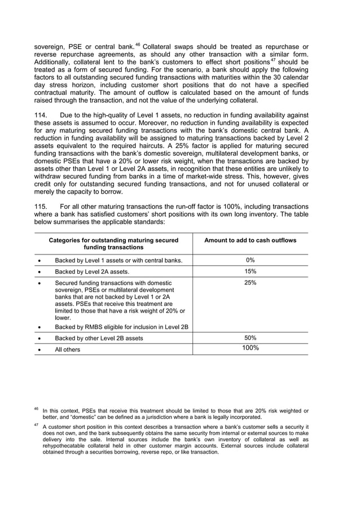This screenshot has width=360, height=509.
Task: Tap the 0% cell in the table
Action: point(250,260)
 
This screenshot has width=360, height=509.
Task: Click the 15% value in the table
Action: point(250,271)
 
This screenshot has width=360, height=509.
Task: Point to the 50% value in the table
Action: point(250,337)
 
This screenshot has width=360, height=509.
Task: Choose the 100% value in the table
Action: point(250,348)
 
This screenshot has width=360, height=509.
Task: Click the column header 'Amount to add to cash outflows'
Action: point(250,240)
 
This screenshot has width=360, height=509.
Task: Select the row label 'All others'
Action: point(67,350)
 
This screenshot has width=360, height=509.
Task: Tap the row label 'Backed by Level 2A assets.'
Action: point(92,271)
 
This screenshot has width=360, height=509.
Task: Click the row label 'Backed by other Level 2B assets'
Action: point(99,338)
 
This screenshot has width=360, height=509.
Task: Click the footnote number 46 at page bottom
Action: point(36,409)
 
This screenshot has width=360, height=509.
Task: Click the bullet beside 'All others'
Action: point(38,350)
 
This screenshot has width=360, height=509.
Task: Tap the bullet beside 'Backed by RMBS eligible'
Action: point(38,327)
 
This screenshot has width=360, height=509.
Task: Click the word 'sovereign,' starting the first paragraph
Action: point(50,46)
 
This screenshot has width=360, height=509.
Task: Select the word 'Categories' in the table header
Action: point(65,240)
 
